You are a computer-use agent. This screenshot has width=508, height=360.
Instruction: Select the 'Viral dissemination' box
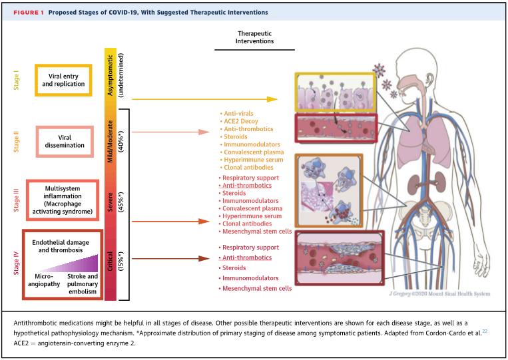[x=65, y=140]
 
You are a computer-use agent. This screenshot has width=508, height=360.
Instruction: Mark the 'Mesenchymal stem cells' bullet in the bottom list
[x=255, y=288]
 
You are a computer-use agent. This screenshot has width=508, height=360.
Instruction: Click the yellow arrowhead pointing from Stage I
[x=271, y=99]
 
